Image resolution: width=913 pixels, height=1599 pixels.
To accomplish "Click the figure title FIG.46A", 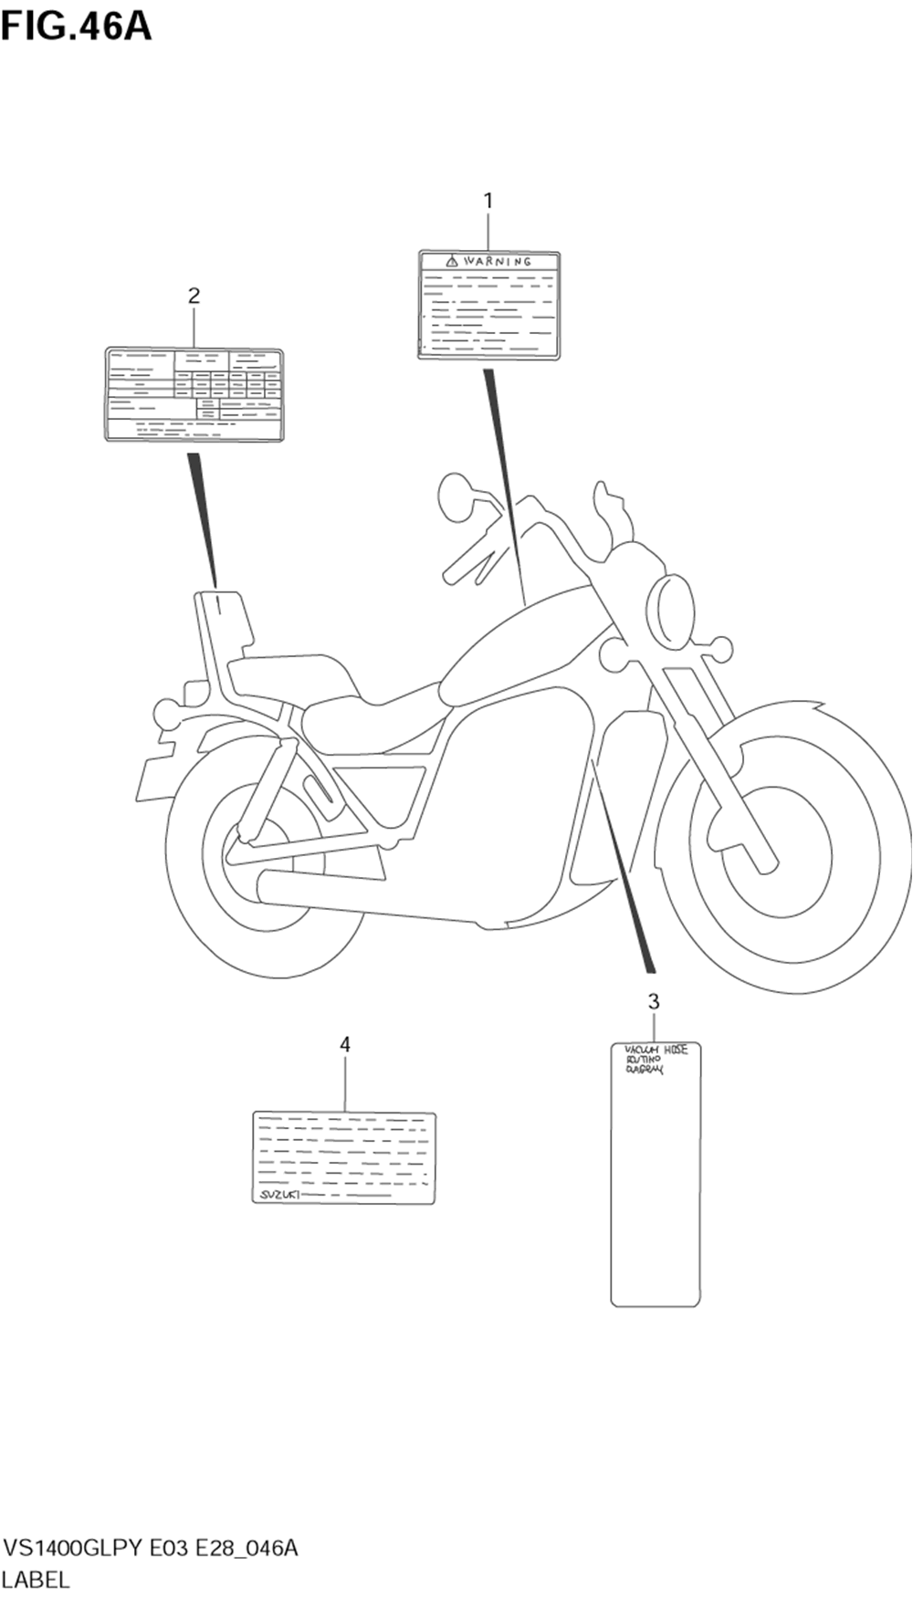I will (76, 26).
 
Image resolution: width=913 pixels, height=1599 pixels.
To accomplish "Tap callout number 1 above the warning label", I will (488, 200).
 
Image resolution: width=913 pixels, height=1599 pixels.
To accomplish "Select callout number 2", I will (194, 295).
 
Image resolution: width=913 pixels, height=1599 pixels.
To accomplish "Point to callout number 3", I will (654, 1001).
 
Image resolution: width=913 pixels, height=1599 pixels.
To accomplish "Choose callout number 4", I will (345, 1044).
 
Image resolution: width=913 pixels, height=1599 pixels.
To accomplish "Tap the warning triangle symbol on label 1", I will (451, 262).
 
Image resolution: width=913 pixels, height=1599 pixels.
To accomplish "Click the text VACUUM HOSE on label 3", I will (656, 1050).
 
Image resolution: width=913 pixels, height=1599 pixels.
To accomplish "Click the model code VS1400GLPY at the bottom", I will (73, 1549).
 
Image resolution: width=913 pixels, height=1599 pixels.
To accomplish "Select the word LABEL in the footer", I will (36, 1580).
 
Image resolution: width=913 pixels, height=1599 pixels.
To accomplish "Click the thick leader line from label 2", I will (204, 516).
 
